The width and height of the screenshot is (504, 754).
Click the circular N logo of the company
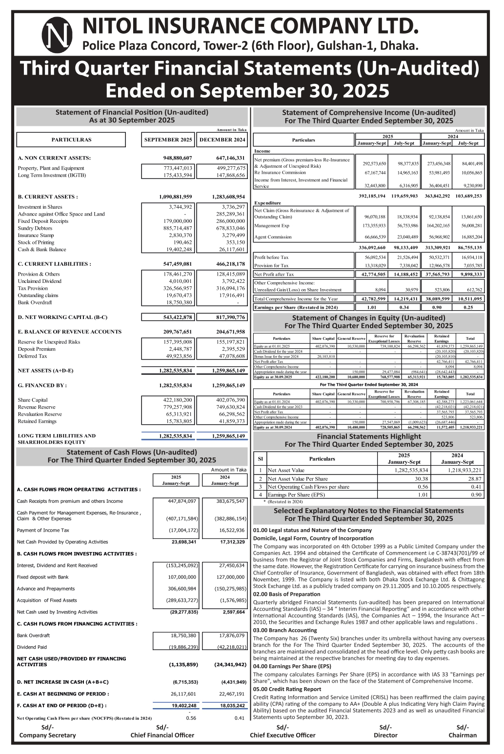[57, 35]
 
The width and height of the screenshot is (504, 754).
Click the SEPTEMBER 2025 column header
[168, 140]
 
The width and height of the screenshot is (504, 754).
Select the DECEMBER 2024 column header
[222, 140]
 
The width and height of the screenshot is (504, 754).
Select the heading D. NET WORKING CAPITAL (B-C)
[62, 317]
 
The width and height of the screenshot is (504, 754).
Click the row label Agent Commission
[273, 237]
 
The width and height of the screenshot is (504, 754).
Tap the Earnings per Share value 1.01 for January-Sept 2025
[371, 308]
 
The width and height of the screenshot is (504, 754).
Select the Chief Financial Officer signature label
[162, 735]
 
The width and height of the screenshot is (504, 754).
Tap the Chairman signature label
[463, 735]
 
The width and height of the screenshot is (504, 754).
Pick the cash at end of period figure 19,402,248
[184, 706]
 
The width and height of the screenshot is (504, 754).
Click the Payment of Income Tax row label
[43, 530]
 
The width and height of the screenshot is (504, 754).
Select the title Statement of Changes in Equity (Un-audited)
[368, 318]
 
